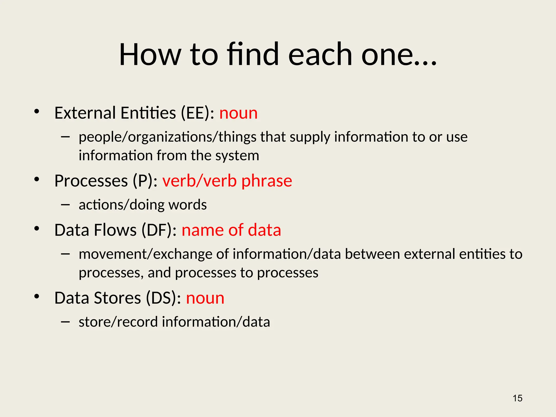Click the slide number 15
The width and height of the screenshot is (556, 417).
[517, 398]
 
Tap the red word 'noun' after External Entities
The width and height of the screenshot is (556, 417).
[238, 113]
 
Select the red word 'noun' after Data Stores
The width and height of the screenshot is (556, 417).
[205, 298]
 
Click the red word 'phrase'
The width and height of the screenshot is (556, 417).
[267, 181]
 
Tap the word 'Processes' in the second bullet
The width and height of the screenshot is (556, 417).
[91, 181]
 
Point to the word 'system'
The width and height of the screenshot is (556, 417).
[237, 156]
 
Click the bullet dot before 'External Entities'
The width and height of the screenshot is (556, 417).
[37, 111]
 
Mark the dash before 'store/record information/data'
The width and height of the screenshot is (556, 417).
[65, 322]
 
